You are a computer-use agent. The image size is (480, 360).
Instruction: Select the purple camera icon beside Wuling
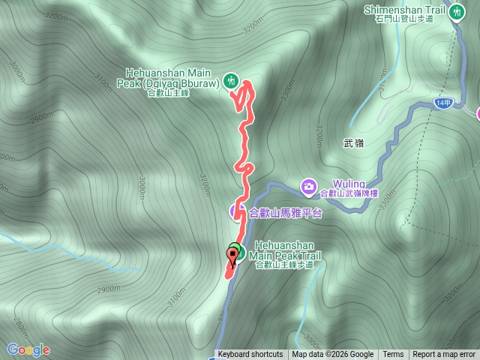click(308, 185)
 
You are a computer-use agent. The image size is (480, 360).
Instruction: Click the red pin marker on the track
click(232, 257)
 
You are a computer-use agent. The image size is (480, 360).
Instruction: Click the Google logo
click(28, 349)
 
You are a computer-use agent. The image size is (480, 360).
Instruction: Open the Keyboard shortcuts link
click(250, 355)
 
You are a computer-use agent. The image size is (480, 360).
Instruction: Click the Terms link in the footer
click(393, 355)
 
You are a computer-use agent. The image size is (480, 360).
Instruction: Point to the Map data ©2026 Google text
click(333, 355)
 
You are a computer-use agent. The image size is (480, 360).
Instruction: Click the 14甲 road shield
click(442, 103)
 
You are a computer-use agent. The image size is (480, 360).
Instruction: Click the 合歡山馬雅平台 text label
click(284, 213)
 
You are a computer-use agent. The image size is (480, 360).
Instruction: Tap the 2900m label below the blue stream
click(108, 289)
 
